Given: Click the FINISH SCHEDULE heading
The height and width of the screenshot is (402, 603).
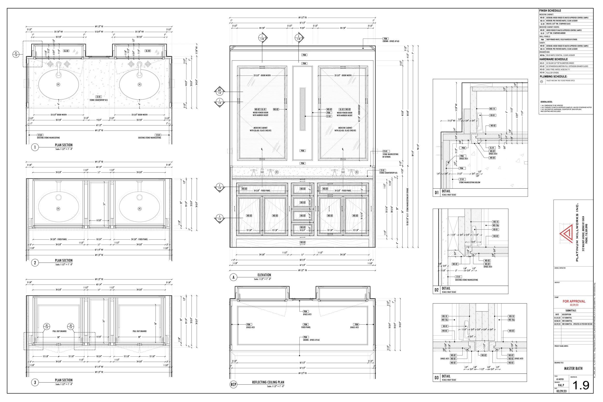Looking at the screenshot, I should pos(550,11).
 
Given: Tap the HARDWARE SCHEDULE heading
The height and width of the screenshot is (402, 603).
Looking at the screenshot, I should pos(553,59).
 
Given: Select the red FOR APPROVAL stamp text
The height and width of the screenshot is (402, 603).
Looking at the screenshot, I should pos(574,301).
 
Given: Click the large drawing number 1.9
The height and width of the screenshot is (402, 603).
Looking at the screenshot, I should pos(581,385).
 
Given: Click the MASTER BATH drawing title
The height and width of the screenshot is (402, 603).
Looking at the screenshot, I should pos(573,368).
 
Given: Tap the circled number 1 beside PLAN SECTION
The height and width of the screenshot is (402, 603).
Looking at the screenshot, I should pos(35,147).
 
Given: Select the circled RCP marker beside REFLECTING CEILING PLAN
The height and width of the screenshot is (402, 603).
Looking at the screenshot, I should pos(233,384).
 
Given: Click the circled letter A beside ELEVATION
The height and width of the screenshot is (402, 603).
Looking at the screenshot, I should pos(233,277).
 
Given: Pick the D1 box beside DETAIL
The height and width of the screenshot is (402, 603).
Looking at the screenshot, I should pos(437,192).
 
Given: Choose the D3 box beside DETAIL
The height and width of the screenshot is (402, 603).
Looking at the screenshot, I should pos(437,378).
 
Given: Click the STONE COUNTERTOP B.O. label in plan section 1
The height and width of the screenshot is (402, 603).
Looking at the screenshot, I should pos(99,100).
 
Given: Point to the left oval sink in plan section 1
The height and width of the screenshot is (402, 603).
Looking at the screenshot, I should pos(58,84).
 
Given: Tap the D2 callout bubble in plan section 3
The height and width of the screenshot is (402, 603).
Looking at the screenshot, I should pos(46,326).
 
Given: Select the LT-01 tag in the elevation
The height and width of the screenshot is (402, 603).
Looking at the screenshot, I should pos(329,116).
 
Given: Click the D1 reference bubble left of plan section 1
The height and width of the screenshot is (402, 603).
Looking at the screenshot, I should pos(16,54).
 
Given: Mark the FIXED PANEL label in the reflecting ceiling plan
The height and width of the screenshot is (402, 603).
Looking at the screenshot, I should pos(306,327).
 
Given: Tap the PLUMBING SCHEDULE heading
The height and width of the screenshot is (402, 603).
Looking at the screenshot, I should pos(553,76).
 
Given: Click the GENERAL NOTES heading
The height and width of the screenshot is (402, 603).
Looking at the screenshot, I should pos(546,102).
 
